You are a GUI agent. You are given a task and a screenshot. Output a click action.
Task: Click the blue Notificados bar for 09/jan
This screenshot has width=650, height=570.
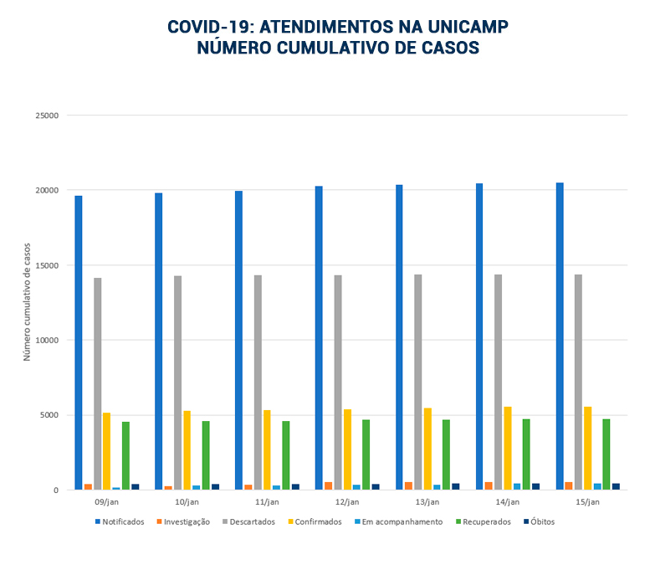click(79, 342)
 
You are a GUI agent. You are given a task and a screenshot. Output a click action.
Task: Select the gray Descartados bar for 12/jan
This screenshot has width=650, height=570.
click(338, 383)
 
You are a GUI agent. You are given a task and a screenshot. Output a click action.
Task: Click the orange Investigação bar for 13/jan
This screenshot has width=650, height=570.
click(408, 485)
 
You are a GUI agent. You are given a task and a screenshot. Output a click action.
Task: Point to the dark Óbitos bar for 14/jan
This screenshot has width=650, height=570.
click(535, 486)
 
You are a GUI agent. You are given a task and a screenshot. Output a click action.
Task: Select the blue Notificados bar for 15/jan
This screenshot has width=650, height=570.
click(560, 336)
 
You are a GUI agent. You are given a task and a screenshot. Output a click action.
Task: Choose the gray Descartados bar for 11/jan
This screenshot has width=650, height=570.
click(258, 383)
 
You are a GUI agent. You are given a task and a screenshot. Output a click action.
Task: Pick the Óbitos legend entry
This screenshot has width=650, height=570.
click(539, 521)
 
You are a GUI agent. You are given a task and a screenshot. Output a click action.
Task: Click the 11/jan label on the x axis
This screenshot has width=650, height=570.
click(267, 502)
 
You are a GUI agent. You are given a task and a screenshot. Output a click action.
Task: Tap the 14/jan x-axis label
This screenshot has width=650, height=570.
click(508, 502)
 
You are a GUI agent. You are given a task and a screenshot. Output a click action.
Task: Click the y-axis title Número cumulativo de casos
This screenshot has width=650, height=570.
click(27, 302)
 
